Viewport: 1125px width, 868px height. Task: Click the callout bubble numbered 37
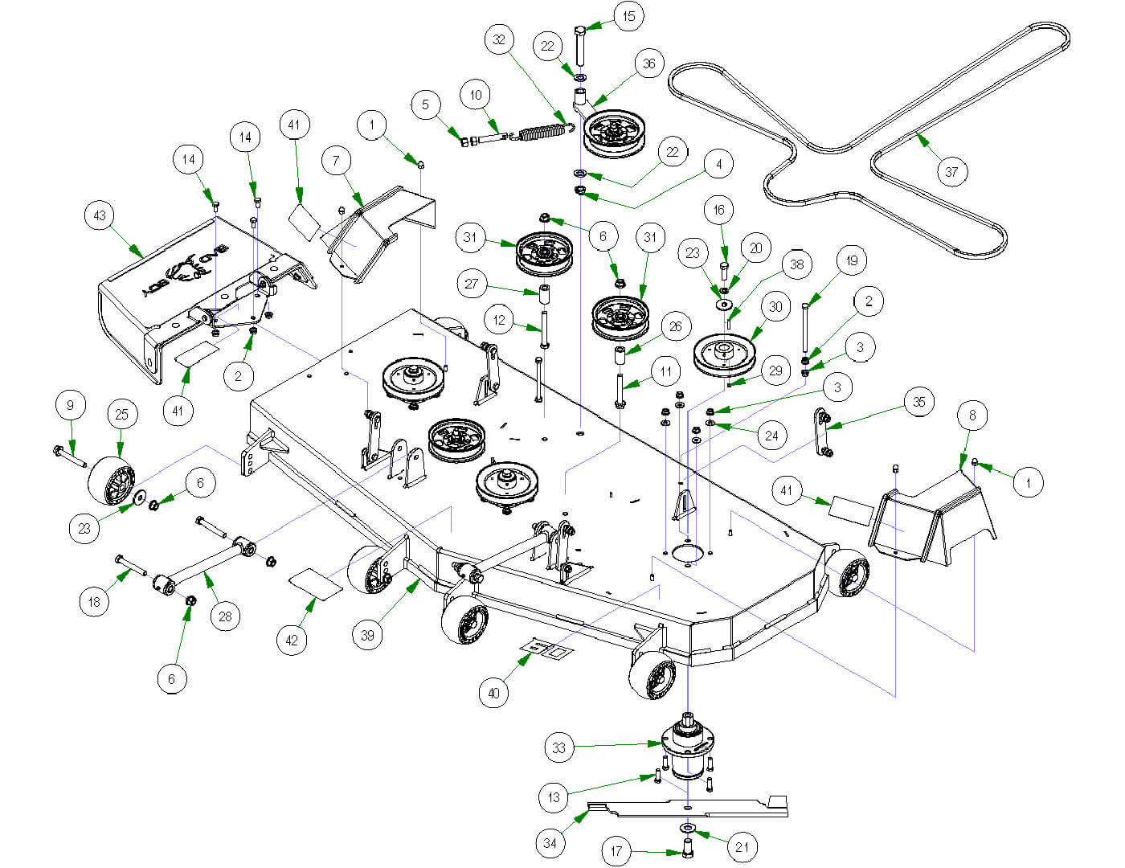pyautogui.click(x=951, y=171)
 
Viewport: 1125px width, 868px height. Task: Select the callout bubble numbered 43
pyautogui.click(x=100, y=215)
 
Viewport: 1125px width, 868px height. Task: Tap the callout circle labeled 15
pyautogui.click(x=628, y=16)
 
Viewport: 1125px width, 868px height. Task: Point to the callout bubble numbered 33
pyautogui.click(x=558, y=748)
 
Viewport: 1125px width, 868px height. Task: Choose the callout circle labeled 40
pyautogui.click(x=493, y=693)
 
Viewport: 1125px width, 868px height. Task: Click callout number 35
pyautogui.click(x=919, y=402)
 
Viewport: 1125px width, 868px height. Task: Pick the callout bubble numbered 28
pyautogui.click(x=225, y=616)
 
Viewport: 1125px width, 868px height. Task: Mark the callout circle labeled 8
pyautogui.click(x=972, y=416)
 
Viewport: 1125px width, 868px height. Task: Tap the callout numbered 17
pyautogui.click(x=616, y=851)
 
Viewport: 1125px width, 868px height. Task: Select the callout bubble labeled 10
pyautogui.click(x=476, y=96)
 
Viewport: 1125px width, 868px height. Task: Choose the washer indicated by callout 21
pyautogui.click(x=689, y=828)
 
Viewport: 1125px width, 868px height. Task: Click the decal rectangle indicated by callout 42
pyautogui.click(x=315, y=583)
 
